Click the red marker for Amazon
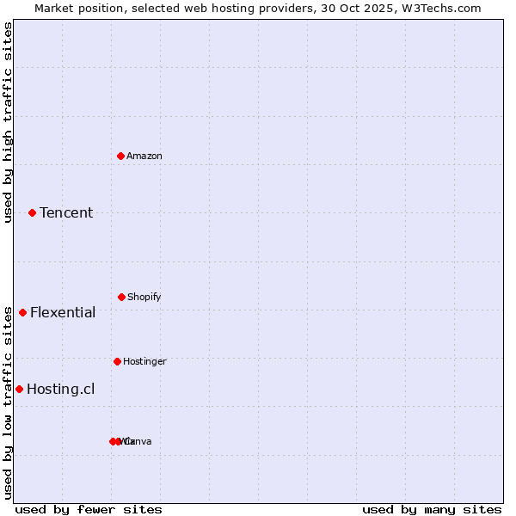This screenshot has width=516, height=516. [x=120, y=156]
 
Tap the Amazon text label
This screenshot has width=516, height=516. [x=144, y=156]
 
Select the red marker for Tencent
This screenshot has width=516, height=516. [x=32, y=212]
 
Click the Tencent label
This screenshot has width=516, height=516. [x=66, y=212]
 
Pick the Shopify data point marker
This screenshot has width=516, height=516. [x=121, y=297]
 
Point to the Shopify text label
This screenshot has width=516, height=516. [x=144, y=297]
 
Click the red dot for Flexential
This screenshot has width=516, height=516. [x=22, y=312]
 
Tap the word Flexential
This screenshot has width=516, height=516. [x=63, y=312]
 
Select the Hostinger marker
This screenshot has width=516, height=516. [x=117, y=361]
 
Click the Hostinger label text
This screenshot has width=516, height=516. [x=144, y=361]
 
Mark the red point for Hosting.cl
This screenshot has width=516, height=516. [x=19, y=389]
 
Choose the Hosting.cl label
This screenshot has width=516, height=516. [x=60, y=389]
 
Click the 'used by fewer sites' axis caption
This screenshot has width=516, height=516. [x=89, y=509]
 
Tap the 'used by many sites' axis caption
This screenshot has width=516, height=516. [x=432, y=509]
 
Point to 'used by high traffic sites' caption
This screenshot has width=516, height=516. [x=8, y=122]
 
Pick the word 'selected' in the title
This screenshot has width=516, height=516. [x=143, y=8]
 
